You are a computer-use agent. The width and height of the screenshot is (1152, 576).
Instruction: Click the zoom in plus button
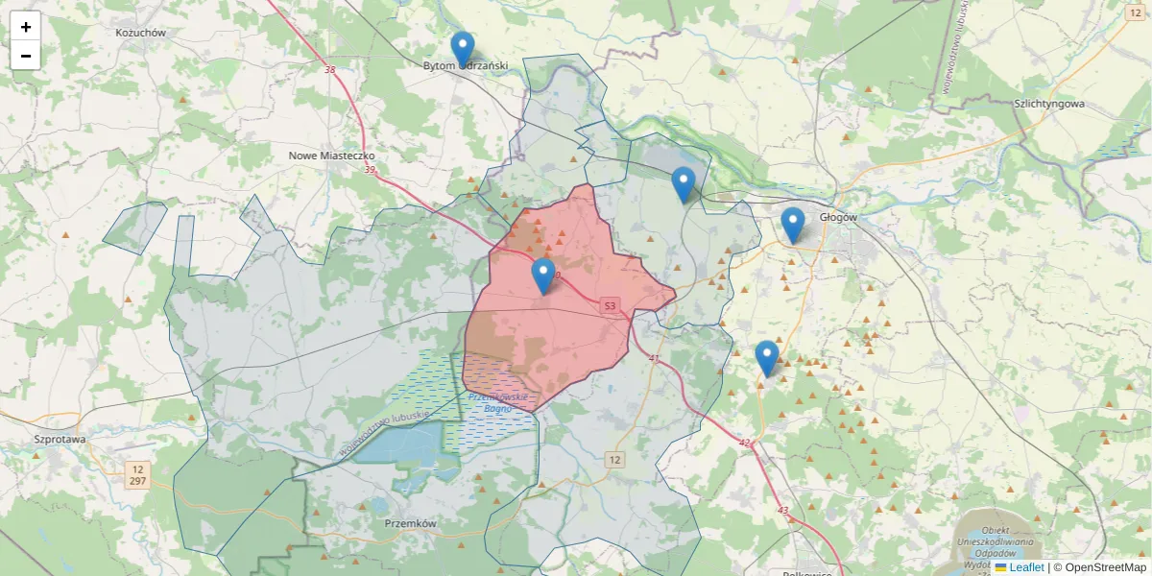pos(26,27)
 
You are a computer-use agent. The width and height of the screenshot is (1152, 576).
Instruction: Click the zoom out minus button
pos(26,56)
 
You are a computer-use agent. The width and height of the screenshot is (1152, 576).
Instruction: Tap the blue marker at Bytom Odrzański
pos(463,49)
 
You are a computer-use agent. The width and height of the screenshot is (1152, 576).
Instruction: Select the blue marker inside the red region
pos(543,276)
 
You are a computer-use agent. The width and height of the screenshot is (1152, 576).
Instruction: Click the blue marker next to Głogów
pos(792,225)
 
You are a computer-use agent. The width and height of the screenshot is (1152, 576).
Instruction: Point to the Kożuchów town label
pos(141,33)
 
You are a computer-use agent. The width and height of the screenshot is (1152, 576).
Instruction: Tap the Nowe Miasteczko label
pos(331,155)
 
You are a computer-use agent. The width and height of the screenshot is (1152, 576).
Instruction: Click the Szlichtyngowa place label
pos(1048,103)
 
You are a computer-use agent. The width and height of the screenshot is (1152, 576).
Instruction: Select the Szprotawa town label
pos(60,439)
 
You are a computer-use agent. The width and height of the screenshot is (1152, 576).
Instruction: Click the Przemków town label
pos(410,524)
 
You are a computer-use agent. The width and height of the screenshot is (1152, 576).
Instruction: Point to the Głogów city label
pos(837,217)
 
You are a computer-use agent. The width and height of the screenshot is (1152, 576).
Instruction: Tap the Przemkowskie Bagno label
pos(497,402)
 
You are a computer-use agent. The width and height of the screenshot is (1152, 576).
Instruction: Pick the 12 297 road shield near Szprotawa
pos(138,473)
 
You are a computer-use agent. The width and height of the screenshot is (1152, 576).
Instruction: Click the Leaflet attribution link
pos(1026,567)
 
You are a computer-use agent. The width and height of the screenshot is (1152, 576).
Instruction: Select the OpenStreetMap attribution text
pos(1105,567)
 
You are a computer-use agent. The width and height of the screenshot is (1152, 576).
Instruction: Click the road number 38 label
pos(330,69)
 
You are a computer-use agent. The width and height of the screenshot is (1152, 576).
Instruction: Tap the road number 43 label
pos(782,510)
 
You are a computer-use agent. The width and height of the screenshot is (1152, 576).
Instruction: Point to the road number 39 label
pos(371,170)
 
